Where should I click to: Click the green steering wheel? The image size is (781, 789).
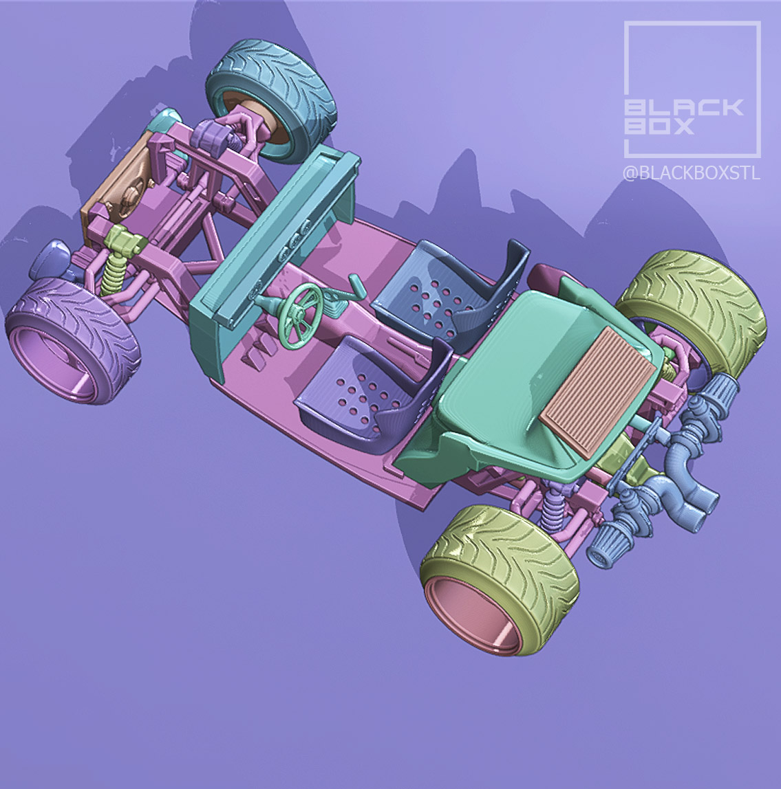pyautogui.click(x=301, y=309)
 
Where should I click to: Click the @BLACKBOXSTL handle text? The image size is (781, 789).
pyautogui.click(x=691, y=173)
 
